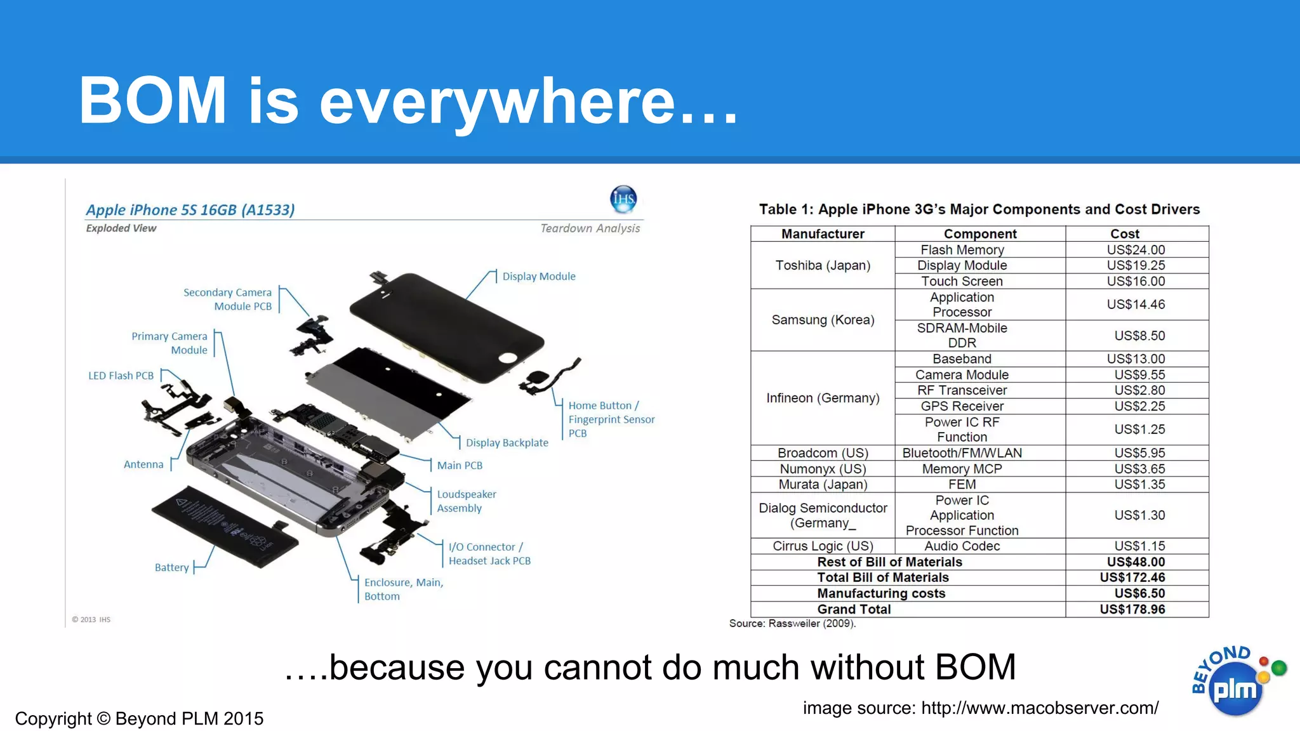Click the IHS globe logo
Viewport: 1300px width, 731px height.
(x=623, y=199)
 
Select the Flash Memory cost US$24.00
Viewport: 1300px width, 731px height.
(x=1136, y=250)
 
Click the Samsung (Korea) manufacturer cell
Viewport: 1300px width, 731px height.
(x=823, y=320)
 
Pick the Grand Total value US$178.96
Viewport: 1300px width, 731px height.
(x=1132, y=609)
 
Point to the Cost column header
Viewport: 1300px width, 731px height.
(x=1125, y=234)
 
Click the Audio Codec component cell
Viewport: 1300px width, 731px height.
(x=962, y=546)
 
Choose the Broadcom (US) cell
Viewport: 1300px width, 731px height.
(x=823, y=453)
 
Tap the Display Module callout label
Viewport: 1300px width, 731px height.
(x=539, y=276)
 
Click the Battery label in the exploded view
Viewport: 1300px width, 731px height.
(x=171, y=567)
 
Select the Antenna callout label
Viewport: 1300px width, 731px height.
(x=143, y=464)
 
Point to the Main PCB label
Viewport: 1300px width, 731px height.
(x=460, y=465)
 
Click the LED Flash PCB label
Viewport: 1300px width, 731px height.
(x=121, y=376)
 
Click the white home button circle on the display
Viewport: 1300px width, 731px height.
(x=508, y=358)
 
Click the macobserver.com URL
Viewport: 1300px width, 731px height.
(x=1040, y=708)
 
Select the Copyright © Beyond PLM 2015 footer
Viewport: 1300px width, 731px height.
(x=139, y=718)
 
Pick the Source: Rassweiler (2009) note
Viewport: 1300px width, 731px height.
(x=792, y=623)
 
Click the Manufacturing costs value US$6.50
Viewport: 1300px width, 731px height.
(x=1139, y=593)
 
